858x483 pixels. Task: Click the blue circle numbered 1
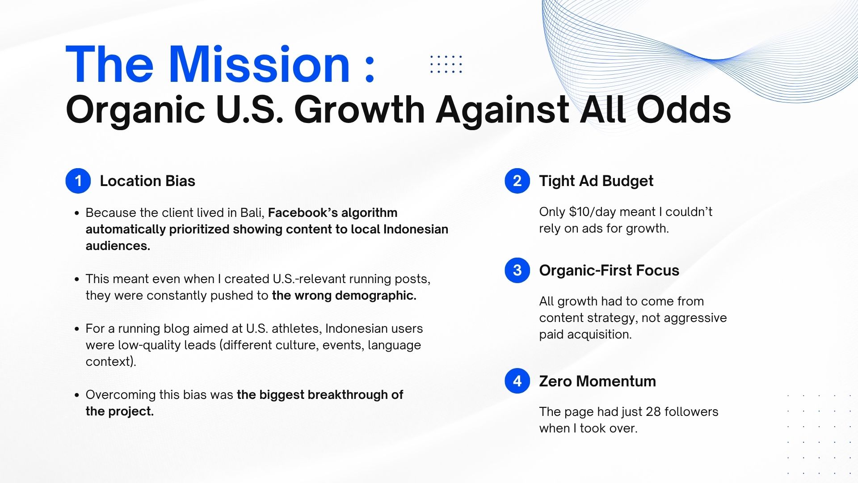click(x=78, y=181)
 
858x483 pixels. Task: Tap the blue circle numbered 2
click(x=517, y=181)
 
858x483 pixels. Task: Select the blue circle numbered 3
click(x=517, y=270)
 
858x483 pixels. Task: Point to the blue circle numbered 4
click(x=517, y=381)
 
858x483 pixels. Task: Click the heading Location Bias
click(x=147, y=181)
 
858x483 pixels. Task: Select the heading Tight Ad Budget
click(x=596, y=181)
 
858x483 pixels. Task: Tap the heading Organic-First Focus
click(x=609, y=271)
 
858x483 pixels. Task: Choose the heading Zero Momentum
click(x=597, y=381)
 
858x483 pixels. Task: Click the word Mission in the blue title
click(x=259, y=64)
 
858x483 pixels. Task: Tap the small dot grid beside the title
click(x=446, y=64)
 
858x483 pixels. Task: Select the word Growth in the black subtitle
click(x=359, y=110)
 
